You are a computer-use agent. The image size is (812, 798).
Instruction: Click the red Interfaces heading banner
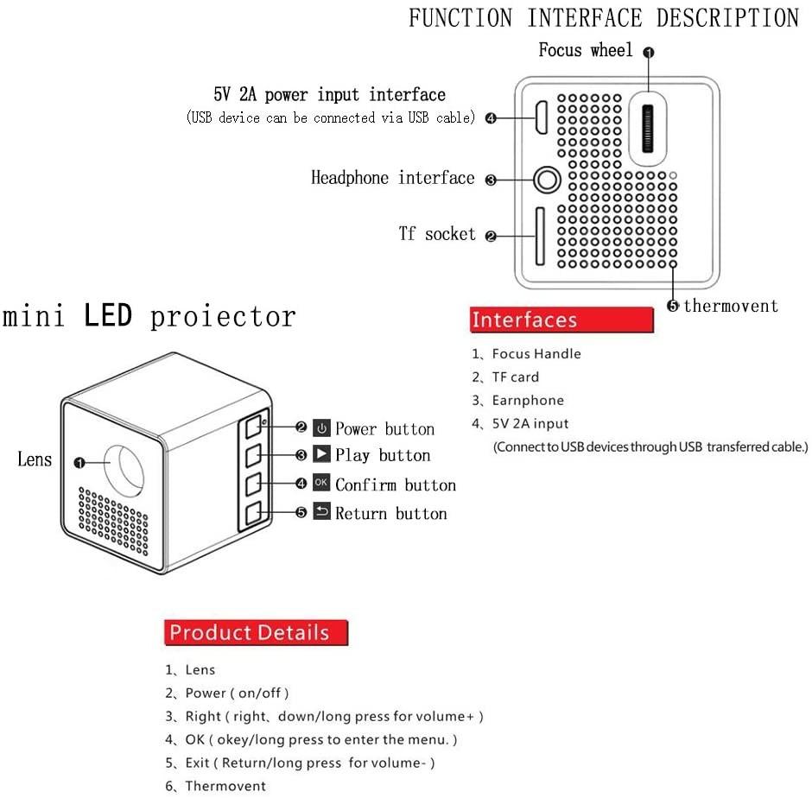pyautogui.click(x=561, y=320)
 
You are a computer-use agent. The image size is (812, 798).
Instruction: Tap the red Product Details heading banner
pyautogui.click(x=255, y=632)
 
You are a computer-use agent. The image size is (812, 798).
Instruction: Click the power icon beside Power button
pyautogui.click(x=321, y=428)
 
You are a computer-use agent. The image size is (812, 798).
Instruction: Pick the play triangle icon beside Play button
pyautogui.click(x=321, y=454)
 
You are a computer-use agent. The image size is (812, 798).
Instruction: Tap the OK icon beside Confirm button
pyautogui.click(x=321, y=484)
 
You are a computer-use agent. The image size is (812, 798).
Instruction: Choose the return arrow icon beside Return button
pyautogui.click(x=321, y=512)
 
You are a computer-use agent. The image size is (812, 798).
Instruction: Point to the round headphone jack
pyautogui.click(x=546, y=180)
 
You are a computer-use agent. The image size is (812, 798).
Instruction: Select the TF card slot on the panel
pyautogui.click(x=541, y=236)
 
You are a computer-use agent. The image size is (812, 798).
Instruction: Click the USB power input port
pyautogui.click(x=541, y=118)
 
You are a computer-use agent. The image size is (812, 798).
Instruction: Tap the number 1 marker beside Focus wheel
pyautogui.click(x=650, y=52)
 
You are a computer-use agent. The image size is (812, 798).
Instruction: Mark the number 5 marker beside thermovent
pyautogui.click(x=673, y=306)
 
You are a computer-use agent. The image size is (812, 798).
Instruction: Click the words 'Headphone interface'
pyautogui.click(x=393, y=178)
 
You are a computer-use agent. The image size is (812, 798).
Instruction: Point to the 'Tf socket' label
pyautogui.click(x=437, y=233)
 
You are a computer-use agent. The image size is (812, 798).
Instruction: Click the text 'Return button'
pyautogui.click(x=391, y=513)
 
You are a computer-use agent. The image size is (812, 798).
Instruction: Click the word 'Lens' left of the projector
pyautogui.click(x=35, y=459)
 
